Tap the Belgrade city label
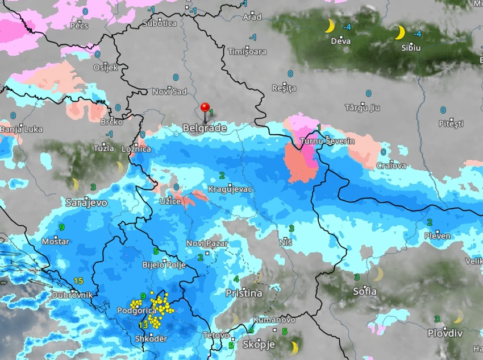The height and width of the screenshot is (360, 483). tap(205, 129)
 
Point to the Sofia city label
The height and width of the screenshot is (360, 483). tap(364, 291)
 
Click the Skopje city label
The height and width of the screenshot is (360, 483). tap(259, 345)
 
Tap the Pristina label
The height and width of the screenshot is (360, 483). tap(244, 293)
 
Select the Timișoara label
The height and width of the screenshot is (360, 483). tap(247, 51)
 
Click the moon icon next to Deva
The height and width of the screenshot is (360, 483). tap(329, 26)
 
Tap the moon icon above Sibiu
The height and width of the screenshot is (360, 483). tap(400, 32)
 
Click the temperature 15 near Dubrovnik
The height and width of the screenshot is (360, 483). tap(78, 280)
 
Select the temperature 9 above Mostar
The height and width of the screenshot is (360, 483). tap(62, 227)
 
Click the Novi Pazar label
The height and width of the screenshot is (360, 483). tap(207, 243)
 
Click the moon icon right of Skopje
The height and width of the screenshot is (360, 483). tap(294, 346)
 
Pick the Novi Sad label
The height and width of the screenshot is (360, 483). tap(169, 92)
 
